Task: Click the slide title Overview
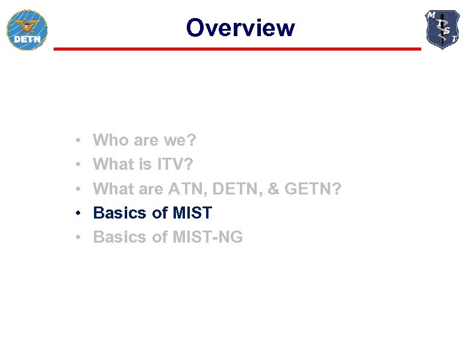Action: pyautogui.click(x=240, y=28)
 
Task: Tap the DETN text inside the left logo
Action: pyautogui.click(x=27, y=40)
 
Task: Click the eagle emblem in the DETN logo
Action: pyautogui.click(x=27, y=26)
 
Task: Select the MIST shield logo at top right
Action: pyautogui.click(x=443, y=29)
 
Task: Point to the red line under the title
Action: pyautogui.click(x=237, y=49)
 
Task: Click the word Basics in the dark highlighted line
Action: pyautogui.click(x=120, y=213)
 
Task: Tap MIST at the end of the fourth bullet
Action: pyautogui.click(x=192, y=213)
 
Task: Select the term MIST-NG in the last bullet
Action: pyautogui.click(x=208, y=237)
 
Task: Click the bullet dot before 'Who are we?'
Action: pyautogui.click(x=80, y=141)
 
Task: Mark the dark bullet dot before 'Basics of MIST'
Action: pyautogui.click(x=80, y=213)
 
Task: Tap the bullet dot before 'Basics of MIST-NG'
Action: pyautogui.click(x=80, y=237)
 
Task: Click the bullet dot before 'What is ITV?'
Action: pyautogui.click(x=80, y=165)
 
